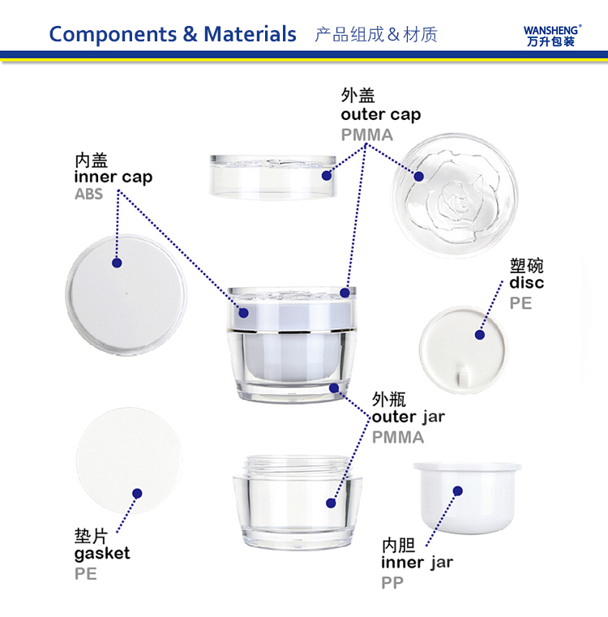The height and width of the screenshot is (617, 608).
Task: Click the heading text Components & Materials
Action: (x=173, y=34)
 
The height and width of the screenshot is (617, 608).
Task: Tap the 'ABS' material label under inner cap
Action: (x=88, y=195)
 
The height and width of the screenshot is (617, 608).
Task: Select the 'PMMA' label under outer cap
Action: (x=366, y=135)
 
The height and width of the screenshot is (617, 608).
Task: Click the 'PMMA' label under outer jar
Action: (x=397, y=437)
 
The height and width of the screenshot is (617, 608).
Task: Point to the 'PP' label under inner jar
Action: (x=392, y=582)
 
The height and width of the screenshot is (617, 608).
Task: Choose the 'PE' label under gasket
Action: (x=85, y=573)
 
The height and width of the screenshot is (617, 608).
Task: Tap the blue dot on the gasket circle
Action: (x=137, y=493)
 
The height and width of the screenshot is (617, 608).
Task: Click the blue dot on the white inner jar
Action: (x=458, y=491)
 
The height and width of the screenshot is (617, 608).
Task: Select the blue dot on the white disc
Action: (x=480, y=334)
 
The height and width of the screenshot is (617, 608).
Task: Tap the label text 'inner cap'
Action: (x=113, y=177)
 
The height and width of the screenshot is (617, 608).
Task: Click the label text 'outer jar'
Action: (x=408, y=417)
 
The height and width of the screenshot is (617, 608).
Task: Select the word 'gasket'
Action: (x=101, y=554)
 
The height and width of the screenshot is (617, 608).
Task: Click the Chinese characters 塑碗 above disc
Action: (x=526, y=265)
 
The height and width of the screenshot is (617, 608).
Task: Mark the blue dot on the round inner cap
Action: (x=117, y=264)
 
